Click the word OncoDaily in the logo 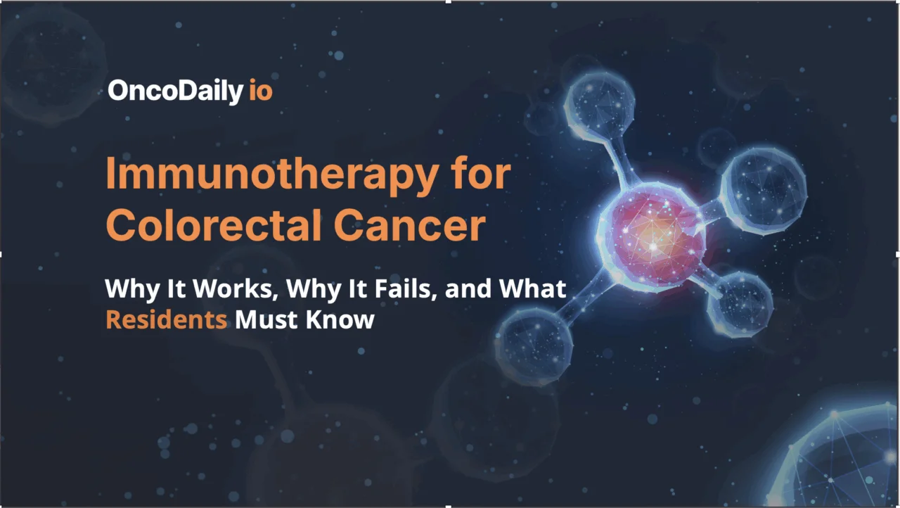174,91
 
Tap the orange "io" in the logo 260,91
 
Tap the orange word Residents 166,320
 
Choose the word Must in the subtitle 266,320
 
